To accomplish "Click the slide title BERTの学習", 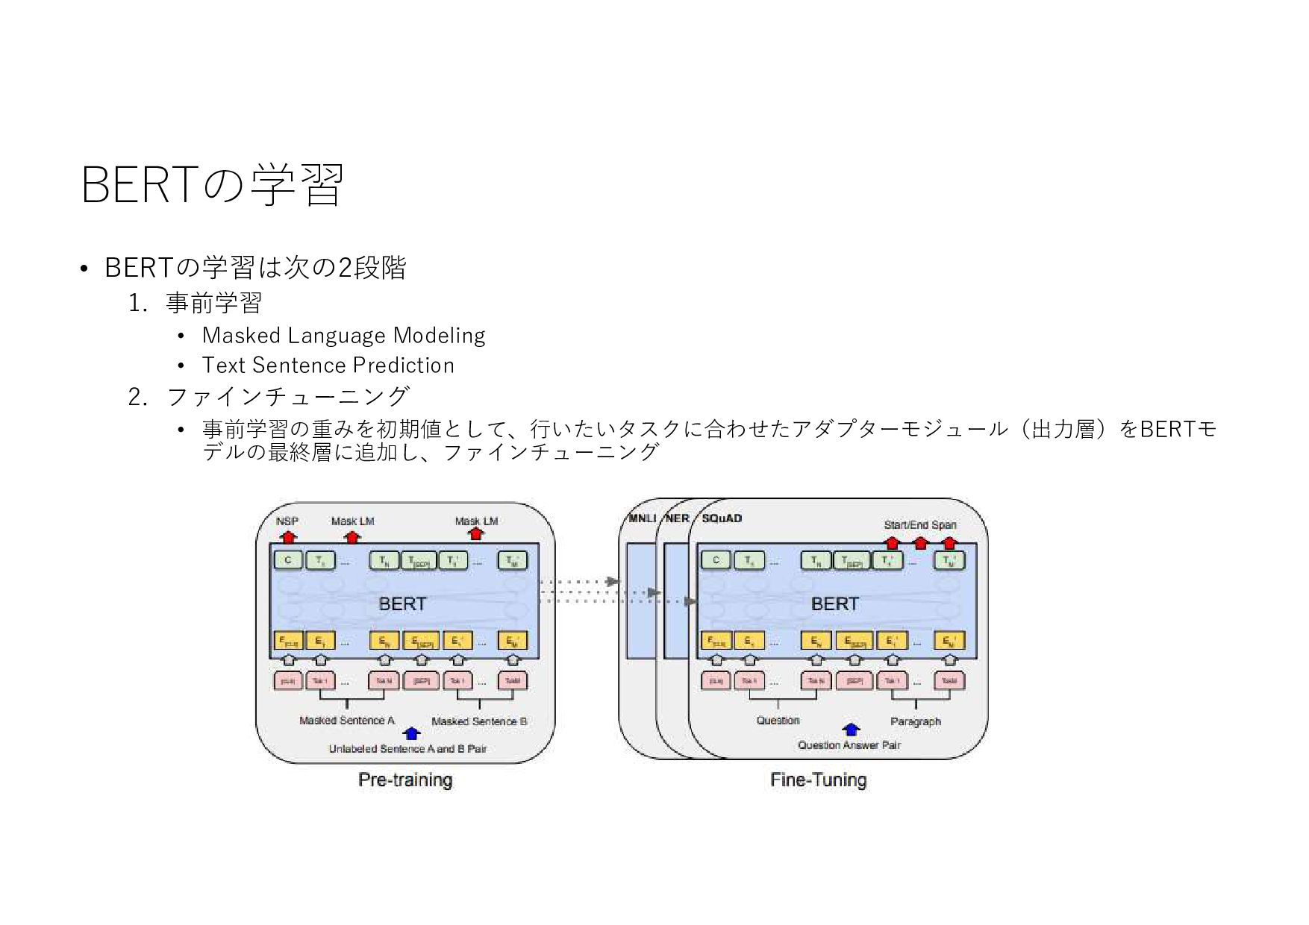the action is (212, 185).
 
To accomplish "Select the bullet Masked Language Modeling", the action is (343, 336).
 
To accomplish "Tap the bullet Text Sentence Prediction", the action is (328, 366).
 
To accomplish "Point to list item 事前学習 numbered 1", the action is (213, 304).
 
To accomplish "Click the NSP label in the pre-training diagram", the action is (287, 521).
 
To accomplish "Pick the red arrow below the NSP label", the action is (288, 536).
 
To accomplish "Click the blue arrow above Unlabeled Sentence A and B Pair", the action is (411, 733).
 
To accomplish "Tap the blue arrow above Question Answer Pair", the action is (851, 730).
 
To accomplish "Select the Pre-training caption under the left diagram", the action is (405, 780).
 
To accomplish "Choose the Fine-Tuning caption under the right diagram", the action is (818, 780).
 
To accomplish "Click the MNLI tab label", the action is (642, 518).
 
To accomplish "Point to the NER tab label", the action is (677, 518).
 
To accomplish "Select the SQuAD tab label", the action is (722, 518).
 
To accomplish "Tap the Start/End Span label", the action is (919, 524).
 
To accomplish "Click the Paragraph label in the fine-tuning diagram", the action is (916, 721).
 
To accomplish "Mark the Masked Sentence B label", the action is (479, 721).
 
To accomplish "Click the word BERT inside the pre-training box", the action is (402, 603).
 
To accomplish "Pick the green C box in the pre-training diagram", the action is (288, 560).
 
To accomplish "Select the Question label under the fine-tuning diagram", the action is (778, 721).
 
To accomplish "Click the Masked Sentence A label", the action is (346, 721).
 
